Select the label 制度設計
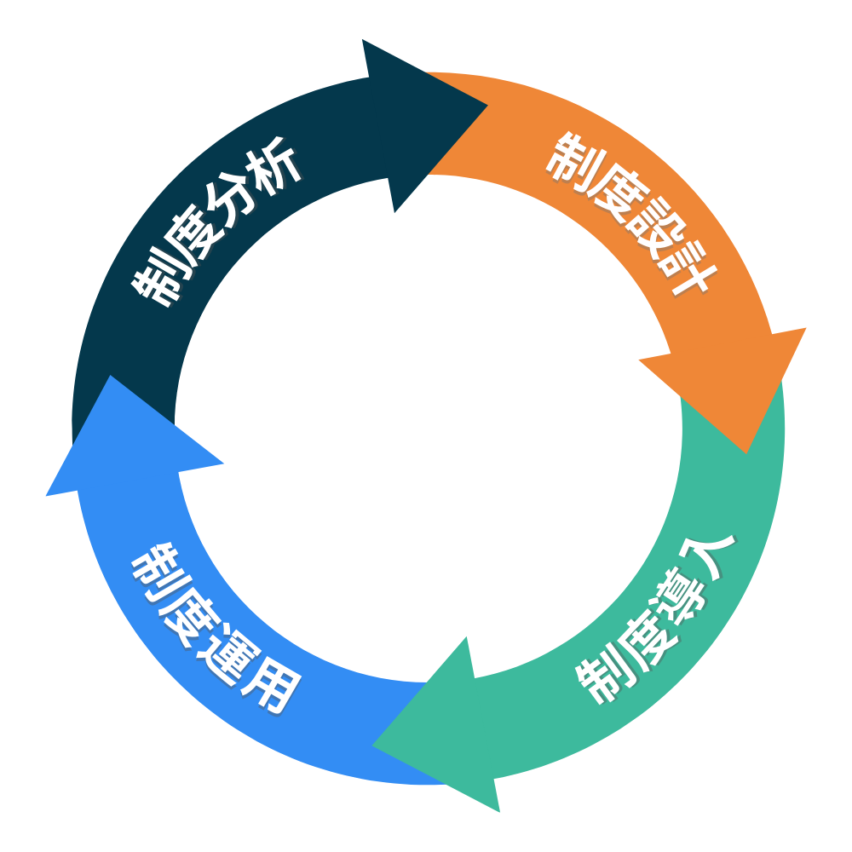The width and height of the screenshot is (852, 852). [631, 213]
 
